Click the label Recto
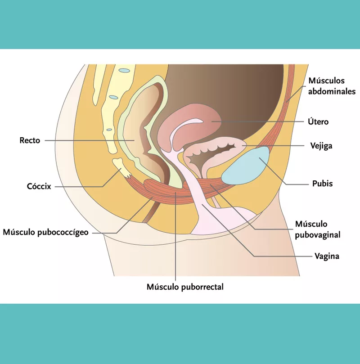30,140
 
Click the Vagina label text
327,256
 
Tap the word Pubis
322,184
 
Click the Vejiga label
321,146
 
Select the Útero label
318,121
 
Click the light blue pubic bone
247,166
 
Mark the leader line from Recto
90,140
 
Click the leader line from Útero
261,121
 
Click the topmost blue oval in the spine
124,70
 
